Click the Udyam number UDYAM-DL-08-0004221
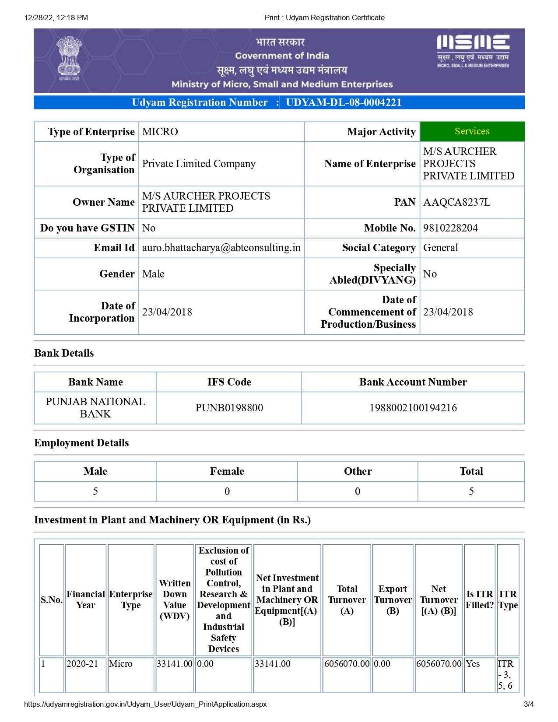coord(344,102)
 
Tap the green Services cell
coord(472,131)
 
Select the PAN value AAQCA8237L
coord(456,202)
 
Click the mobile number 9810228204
coord(450,228)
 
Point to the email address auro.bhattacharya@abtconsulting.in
coord(221,248)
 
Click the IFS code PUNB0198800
coord(229,408)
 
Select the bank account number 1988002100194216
coord(413,408)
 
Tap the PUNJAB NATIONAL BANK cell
coord(95,408)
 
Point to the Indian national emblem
coord(69,58)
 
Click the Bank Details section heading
coord(64,353)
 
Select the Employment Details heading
coord(81,443)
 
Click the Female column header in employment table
coord(227,471)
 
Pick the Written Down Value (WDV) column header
coord(175,599)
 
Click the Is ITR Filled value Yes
coord(473,664)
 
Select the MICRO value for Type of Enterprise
coord(160,132)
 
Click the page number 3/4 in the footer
coord(529,704)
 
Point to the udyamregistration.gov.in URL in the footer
coord(145,704)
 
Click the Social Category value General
coord(440,248)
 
